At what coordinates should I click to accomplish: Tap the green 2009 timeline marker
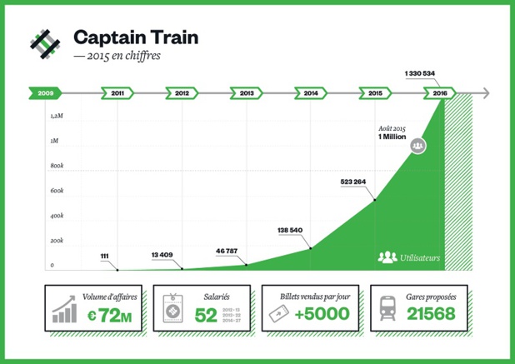[44, 93]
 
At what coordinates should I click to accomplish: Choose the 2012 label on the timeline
[182, 93]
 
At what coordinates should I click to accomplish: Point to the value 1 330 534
[420, 73]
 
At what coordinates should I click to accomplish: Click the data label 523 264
[358, 181]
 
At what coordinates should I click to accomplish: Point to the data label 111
[104, 255]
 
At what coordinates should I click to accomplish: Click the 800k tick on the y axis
[57, 167]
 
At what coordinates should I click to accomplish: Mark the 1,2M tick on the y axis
[57, 116]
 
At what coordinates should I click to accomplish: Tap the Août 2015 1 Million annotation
[391, 132]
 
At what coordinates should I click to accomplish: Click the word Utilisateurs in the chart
[420, 257]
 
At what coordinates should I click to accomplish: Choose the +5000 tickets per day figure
[316, 315]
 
